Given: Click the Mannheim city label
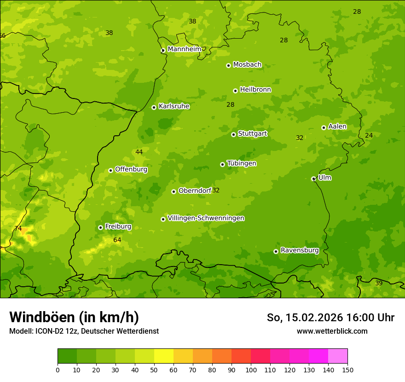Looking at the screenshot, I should coord(184,49).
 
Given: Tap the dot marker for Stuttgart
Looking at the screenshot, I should coord(233,134).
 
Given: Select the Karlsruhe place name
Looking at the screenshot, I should coord(174,106).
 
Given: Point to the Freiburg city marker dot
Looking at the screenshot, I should coord(100,227).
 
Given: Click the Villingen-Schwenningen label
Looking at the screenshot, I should coord(206,218).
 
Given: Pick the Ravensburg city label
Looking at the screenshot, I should coord(299,250).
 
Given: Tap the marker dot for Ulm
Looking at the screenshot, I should coord(313,179).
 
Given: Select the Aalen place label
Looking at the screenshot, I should coord(337,127).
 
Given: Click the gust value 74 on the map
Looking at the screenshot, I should coord(18,228).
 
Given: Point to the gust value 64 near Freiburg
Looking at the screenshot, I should coord(117,240).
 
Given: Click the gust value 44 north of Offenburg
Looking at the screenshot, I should coord(139,152).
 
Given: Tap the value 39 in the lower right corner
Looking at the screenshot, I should coord(379,283).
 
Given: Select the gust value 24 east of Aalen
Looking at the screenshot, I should coord(369,135).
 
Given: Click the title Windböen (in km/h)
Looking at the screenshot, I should coord(74,317).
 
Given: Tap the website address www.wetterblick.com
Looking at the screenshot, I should coord(332,331).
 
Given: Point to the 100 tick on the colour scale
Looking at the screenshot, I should coord(251,370).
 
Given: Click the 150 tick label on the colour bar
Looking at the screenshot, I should coord(347,370).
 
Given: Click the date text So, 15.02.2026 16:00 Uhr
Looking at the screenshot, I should coord(330,318).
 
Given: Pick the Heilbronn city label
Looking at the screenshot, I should coord(255,90).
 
